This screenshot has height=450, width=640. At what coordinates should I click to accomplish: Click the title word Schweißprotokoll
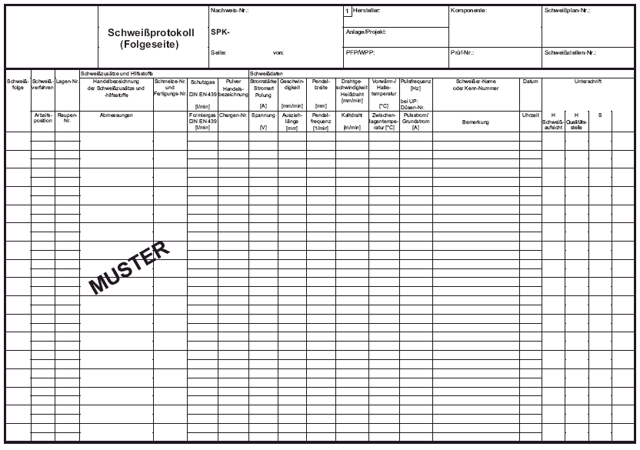coord(151,34)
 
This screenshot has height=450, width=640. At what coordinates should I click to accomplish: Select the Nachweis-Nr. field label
coord(229,11)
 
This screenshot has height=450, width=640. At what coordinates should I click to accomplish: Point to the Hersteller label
coord(366,11)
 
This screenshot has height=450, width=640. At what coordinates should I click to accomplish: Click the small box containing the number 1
coord(347,12)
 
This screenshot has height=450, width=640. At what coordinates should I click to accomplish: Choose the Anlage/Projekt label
coord(366,32)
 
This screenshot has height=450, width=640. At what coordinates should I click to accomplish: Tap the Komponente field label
coord(468,11)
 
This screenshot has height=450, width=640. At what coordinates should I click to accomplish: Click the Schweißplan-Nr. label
coord(568,11)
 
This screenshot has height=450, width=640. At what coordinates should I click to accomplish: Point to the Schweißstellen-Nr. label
coord(570,53)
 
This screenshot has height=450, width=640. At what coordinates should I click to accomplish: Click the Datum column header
coord(531,81)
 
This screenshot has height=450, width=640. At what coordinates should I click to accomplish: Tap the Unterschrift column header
coord(588,81)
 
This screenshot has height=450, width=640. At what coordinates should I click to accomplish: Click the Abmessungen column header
coord(116,115)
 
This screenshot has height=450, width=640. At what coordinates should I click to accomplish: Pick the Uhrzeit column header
coord(531,115)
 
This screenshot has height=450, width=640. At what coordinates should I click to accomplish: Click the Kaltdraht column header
coord(352,115)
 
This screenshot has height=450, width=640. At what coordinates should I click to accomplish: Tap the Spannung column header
coord(263,115)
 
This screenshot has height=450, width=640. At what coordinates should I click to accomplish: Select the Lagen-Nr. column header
coord(67,81)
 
